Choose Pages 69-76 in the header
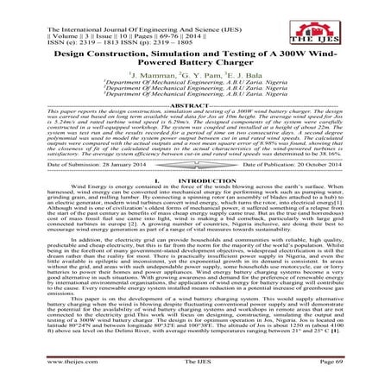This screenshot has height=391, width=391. (134, 15)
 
